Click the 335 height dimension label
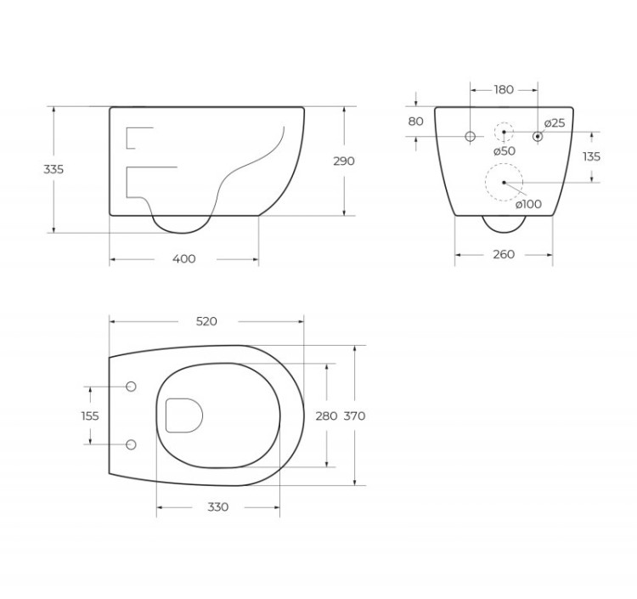pos(54,169)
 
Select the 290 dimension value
pos(344,161)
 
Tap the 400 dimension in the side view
pos(183,258)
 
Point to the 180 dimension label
pos(504,89)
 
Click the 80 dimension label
pos(415,121)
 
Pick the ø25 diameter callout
pos(555,123)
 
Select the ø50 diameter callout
pos(505,150)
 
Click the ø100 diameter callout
pos(528,203)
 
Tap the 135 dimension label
pos(592,156)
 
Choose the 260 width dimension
pos(504,254)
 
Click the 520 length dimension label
pos(206,321)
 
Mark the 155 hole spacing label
pos(90,415)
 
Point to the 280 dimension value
pos(326,415)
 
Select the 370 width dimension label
pos(355,415)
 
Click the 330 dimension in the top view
pos(217,506)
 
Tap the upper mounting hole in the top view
pos(131,387)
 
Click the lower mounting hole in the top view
pos(131,444)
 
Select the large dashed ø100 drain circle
pos(504,182)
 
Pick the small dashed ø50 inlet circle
pos(504,133)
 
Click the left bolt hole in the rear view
pos(470,136)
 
